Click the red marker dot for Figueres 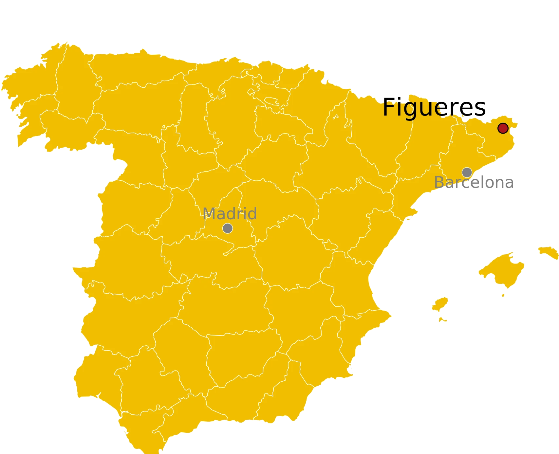tap(503, 128)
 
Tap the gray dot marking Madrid tap(228, 228)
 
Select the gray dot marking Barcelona tap(467, 172)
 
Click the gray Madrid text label tap(230, 214)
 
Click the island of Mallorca tap(503, 268)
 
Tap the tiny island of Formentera tap(442, 319)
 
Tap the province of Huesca tap(377, 131)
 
